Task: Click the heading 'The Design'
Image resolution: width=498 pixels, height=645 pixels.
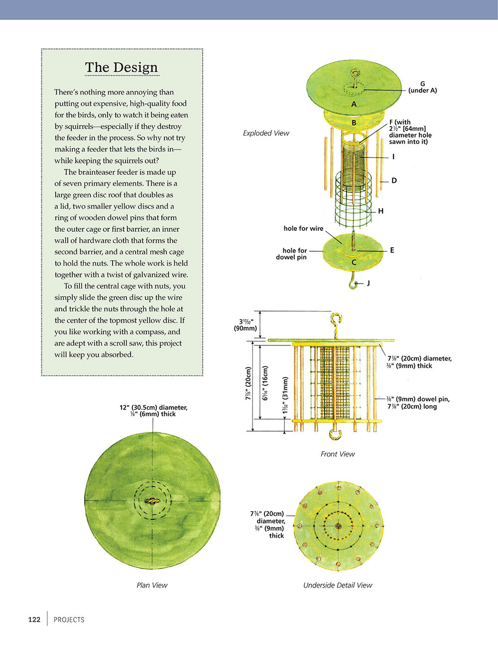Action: point(121,67)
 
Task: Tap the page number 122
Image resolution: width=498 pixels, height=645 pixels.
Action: point(34,620)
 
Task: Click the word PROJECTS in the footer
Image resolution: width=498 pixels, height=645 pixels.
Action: point(69,620)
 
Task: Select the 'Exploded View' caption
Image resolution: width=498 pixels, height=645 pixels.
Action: point(266,133)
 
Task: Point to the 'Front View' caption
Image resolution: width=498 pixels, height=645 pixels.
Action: point(338,454)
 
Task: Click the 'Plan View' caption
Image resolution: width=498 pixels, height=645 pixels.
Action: point(152,585)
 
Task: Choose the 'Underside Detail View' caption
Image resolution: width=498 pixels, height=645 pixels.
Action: point(338,585)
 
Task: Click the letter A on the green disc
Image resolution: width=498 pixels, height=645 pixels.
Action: point(354,104)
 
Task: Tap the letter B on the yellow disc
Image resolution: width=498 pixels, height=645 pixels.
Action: point(354,123)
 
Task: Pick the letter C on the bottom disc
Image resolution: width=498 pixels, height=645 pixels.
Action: point(354,262)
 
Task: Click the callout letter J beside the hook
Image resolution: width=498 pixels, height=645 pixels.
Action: point(368,283)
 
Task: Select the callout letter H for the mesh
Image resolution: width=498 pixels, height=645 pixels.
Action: point(380,211)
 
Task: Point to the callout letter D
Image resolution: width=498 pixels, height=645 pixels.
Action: point(394,180)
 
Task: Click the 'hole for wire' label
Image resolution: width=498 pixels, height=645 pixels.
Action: point(303,228)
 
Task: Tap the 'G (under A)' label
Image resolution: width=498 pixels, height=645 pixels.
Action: point(422,87)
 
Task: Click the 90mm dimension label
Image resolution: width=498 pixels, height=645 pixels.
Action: point(246,325)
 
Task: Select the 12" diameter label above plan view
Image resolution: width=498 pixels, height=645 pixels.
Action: point(153,411)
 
